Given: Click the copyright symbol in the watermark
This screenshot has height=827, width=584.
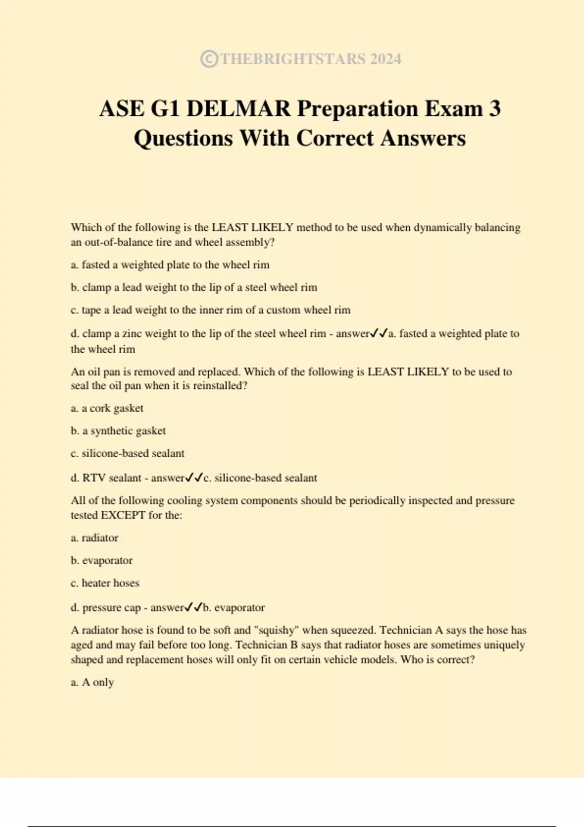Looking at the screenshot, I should (209, 59).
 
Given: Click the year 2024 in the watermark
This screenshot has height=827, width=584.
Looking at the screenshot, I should (385, 59).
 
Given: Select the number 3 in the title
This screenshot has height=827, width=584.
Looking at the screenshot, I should (494, 108).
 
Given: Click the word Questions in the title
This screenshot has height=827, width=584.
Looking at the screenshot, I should (183, 138).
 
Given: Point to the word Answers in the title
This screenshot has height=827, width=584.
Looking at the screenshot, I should (423, 138).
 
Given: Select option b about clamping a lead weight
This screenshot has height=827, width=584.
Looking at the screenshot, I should (194, 288).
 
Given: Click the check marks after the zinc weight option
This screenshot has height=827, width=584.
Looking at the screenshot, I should (379, 334).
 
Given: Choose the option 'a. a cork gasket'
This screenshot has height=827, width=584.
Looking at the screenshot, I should (107, 408).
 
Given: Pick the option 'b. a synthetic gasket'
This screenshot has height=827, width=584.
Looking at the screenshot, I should (118, 431).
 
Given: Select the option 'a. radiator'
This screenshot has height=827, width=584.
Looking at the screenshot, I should (94, 538).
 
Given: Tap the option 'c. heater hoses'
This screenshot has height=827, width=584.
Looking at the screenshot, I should (105, 583).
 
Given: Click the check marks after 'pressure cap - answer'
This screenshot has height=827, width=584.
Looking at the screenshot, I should (193, 608).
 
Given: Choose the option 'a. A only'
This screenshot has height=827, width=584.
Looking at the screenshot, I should (92, 682).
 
